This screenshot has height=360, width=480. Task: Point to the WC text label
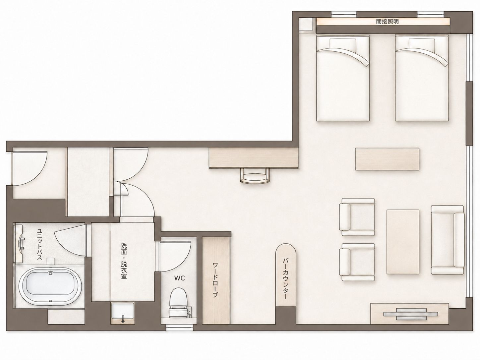179,278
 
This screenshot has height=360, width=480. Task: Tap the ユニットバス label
39,244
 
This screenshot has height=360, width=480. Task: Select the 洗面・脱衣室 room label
124,261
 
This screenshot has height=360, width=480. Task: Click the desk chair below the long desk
255,175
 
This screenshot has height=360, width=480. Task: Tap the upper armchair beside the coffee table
357,217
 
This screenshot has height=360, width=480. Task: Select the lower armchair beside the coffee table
357,262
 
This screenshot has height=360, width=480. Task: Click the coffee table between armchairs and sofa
403,242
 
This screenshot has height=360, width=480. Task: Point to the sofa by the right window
448,240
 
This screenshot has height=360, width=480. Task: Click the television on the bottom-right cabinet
411,314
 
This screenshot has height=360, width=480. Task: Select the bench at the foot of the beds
387,159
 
